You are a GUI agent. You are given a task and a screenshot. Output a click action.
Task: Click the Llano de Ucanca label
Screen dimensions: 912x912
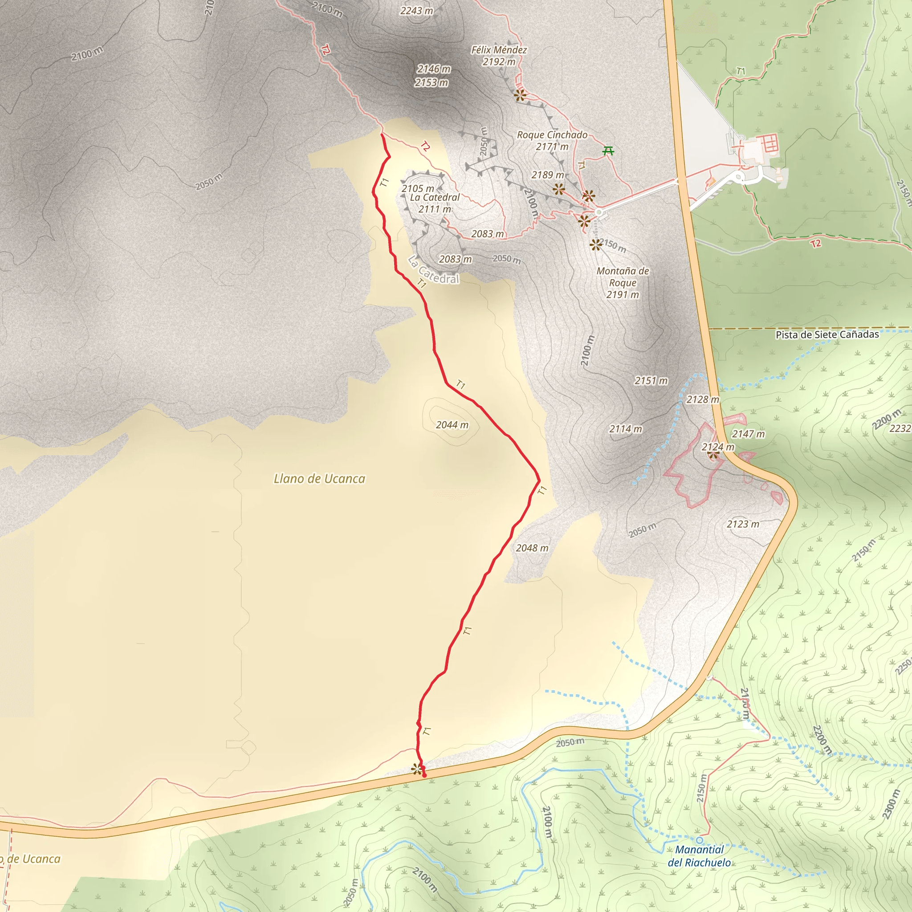(319, 479)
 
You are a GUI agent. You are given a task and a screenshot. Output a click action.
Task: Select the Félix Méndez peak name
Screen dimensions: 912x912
(498, 50)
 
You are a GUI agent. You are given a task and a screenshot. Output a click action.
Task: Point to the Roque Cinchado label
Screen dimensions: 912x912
(552, 135)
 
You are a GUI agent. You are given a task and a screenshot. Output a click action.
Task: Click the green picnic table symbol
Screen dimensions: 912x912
(608, 151)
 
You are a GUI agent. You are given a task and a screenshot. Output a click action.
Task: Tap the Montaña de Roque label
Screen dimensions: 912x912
(622, 277)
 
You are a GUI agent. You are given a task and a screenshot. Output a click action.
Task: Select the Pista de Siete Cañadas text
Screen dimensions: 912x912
(827, 335)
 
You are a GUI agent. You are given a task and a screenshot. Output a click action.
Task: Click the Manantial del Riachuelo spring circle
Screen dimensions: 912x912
(700, 840)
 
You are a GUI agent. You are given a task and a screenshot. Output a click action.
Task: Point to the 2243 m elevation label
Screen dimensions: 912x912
(416, 11)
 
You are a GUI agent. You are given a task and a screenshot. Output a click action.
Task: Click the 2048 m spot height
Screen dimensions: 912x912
(532, 548)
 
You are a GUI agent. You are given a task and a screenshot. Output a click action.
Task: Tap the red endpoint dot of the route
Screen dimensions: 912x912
(424, 775)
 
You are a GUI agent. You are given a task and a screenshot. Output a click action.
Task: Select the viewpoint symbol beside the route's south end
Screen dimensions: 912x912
(416, 769)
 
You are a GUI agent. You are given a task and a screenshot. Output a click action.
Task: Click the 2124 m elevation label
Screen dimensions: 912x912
(717, 447)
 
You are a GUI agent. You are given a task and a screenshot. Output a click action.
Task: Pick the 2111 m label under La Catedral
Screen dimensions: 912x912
(434, 209)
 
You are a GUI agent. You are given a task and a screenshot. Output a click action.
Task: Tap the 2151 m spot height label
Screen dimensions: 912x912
(651, 380)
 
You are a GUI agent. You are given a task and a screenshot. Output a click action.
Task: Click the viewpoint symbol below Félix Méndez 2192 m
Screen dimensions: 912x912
(520, 95)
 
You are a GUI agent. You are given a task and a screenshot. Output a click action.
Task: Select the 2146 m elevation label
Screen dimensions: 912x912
(433, 69)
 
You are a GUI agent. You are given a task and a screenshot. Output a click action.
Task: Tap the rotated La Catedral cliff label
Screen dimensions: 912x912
(433, 270)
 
